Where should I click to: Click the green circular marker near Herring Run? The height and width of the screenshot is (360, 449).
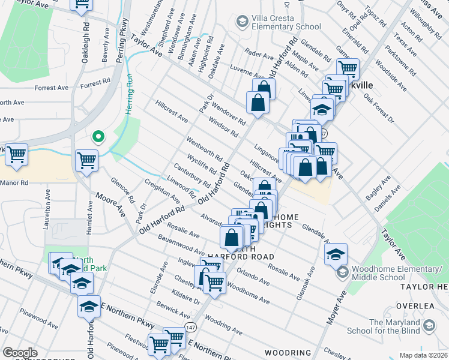pyautogui.click(x=98, y=137)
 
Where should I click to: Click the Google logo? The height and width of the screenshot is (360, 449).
pyautogui.click(x=20, y=353)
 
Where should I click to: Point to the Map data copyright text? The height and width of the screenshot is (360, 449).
pyautogui.click(x=424, y=355)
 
